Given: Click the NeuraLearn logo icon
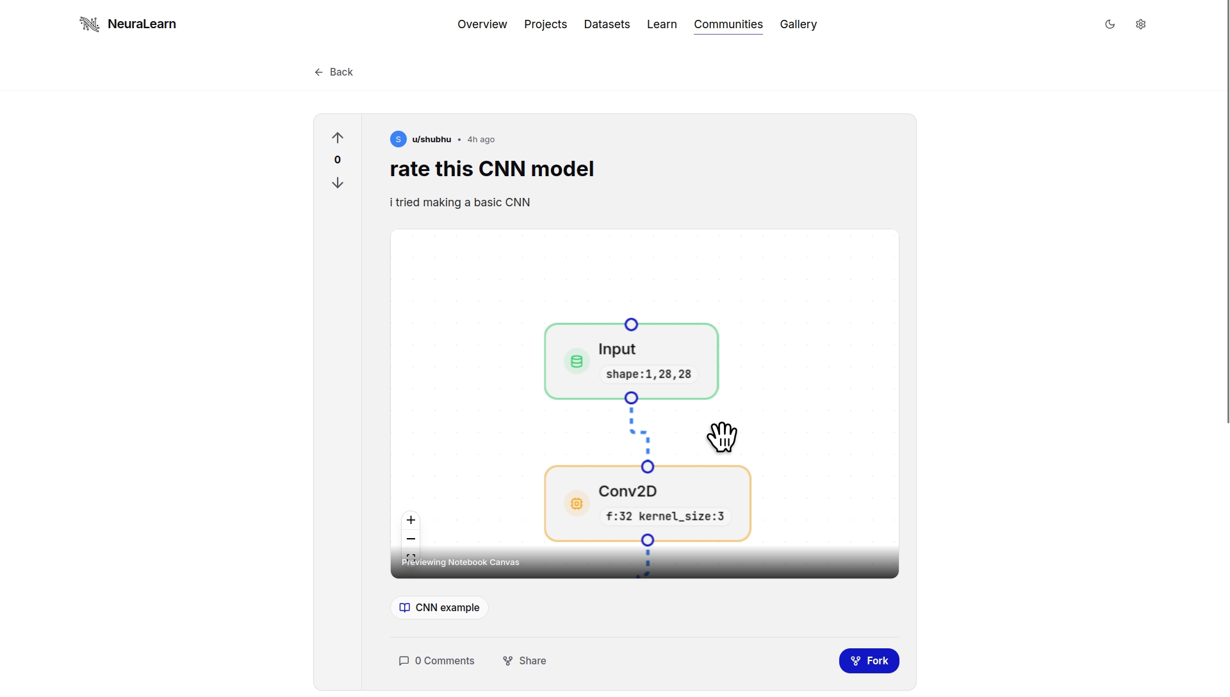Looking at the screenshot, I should pos(90,24).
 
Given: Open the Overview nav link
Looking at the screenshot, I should pos(482,24).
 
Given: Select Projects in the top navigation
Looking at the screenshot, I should pos(545,24).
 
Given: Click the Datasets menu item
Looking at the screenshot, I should pos(607,24).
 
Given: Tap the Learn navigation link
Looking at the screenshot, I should pos(662,24).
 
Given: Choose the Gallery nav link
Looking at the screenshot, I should pos(798,24).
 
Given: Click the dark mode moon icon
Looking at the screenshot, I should pos(1110,24).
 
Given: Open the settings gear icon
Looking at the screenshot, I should pos(1141,24).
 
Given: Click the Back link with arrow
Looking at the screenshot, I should pos(334,72).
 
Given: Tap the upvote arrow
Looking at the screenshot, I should pos(338,138).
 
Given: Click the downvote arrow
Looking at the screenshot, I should pos(338,183).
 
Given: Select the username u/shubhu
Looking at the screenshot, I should pos(431,140).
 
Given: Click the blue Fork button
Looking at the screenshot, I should pos(869,661).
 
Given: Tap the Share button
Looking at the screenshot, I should pos(525,661).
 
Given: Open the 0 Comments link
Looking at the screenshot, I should pos(437,661).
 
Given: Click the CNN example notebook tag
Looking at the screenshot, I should pos(439,608).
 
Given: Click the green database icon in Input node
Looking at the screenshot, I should pos(577,362).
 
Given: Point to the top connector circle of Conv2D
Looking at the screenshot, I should pos(648,467).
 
